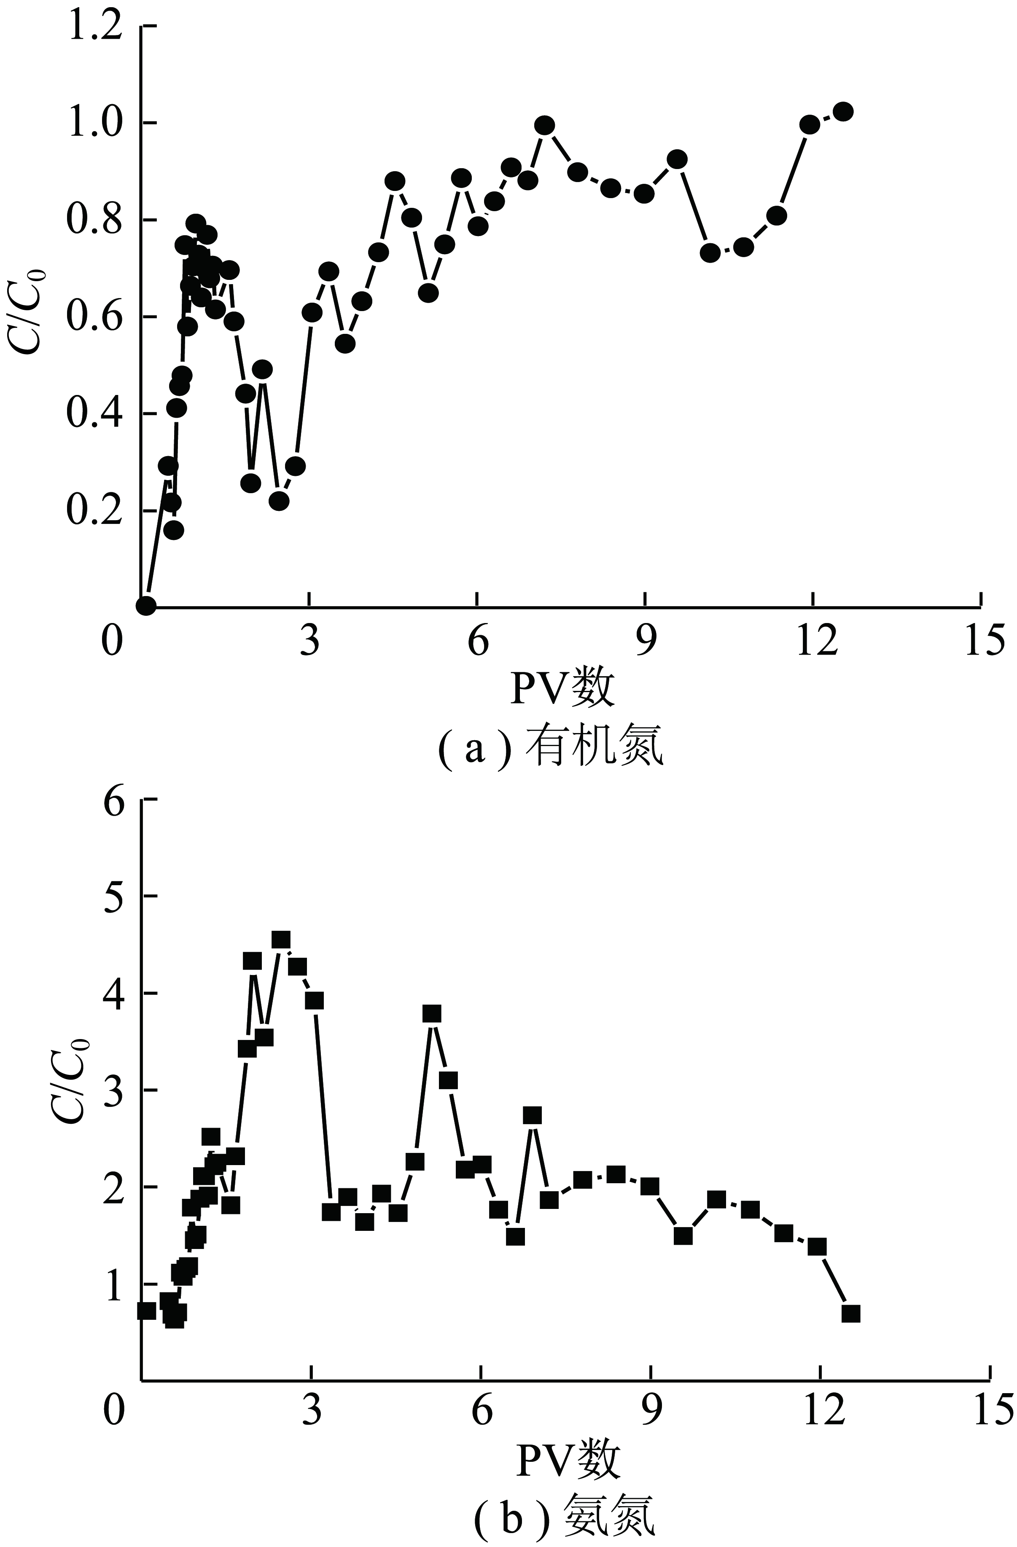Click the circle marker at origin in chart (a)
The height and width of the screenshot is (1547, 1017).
point(146,605)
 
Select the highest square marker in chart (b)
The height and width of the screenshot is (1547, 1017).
point(281,940)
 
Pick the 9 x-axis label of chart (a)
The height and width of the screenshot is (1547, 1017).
point(645,643)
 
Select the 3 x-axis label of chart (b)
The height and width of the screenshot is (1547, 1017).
point(312,1410)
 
